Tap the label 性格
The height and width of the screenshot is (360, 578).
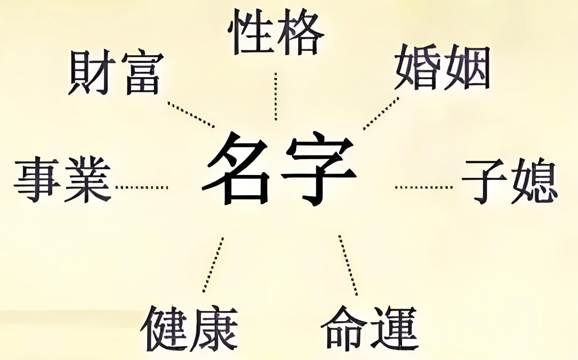[276, 32]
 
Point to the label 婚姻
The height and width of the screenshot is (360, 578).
[442, 68]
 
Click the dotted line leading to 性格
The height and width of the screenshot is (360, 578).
[276, 96]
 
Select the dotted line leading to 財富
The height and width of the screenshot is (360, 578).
[191, 115]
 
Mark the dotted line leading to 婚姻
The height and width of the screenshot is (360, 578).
[381, 113]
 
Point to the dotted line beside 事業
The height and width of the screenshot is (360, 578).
[142, 187]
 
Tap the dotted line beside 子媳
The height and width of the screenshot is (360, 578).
[424, 187]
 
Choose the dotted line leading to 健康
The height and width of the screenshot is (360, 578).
[213, 265]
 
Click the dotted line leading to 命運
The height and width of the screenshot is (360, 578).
[348, 265]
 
